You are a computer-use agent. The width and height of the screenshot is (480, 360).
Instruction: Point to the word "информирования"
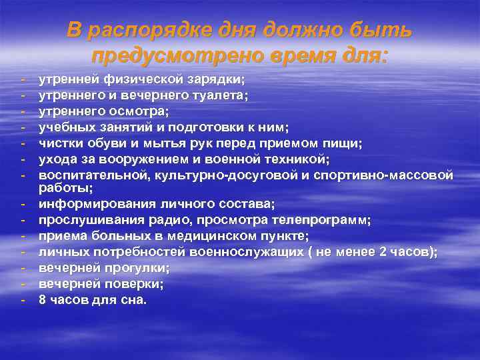pyautogui.click(x=84, y=203)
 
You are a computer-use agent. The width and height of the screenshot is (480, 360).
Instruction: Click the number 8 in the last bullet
pyautogui.click(x=42, y=299)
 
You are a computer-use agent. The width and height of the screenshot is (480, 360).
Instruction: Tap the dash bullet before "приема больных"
pyautogui.click(x=23, y=235)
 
